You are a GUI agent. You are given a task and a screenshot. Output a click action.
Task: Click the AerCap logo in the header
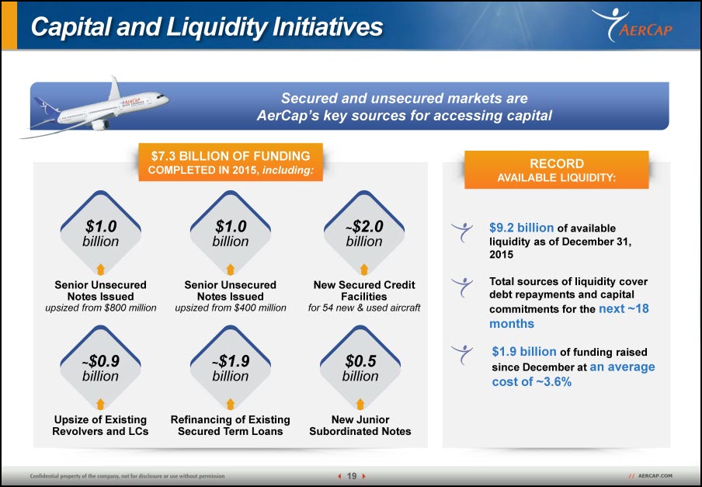tap(632, 25)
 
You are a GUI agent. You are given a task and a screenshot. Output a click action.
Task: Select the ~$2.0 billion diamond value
tap(364, 233)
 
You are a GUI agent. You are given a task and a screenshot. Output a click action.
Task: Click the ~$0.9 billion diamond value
tap(100, 368)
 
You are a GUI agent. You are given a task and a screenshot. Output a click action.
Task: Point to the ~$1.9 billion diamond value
tap(230, 368)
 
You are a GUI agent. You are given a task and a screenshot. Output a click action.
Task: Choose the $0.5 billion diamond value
tap(360, 368)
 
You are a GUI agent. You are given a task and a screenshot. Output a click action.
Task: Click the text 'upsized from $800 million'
tap(101, 308)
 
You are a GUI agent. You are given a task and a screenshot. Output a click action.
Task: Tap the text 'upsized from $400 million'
tap(231, 308)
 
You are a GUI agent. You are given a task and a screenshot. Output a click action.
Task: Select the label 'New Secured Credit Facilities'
tap(364, 290)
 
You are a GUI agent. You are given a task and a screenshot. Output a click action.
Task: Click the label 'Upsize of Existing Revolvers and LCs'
tap(100, 425)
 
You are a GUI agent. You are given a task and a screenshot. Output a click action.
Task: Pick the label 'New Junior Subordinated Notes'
tap(360, 425)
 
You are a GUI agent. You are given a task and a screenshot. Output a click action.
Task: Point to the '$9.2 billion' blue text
tap(522, 228)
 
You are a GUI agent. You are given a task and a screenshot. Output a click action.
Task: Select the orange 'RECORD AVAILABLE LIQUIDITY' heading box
tap(557, 169)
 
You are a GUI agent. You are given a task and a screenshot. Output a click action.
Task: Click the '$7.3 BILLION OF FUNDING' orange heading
tap(231, 156)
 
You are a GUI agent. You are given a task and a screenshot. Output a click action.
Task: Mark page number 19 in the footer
tap(352, 476)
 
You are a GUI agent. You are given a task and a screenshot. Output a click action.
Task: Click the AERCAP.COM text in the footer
tap(655, 476)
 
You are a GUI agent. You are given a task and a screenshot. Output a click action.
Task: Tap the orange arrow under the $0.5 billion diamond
tap(360, 404)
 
